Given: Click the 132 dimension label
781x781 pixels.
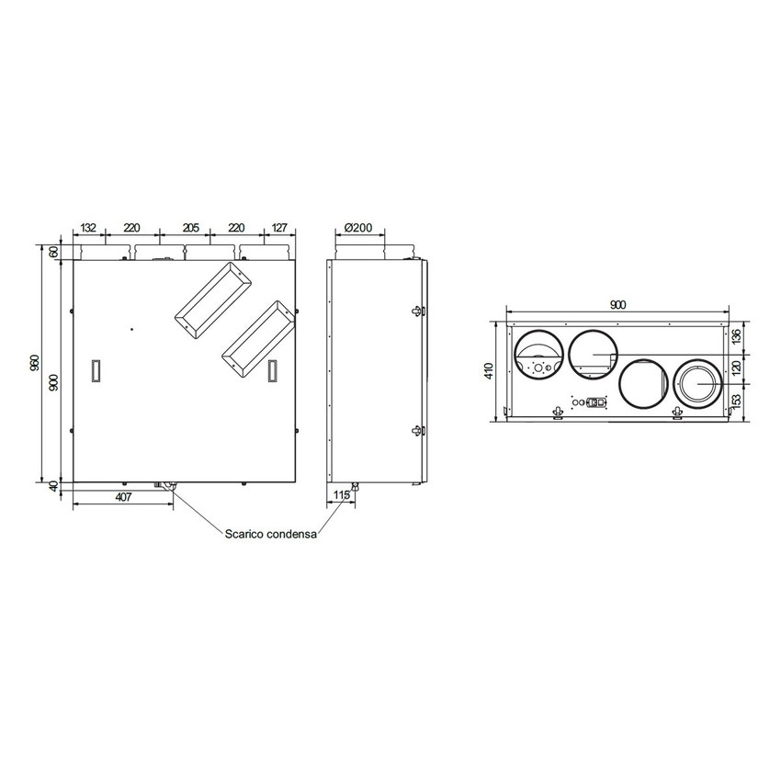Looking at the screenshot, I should click(x=89, y=228).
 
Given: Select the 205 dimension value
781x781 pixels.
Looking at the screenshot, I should click(x=190, y=228).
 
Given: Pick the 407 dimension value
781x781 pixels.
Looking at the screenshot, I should click(x=122, y=496).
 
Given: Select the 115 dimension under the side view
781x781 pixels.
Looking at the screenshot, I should click(x=341, y=496).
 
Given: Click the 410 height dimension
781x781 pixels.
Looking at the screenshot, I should click(x=490, y=371).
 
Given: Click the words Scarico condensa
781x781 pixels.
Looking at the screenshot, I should click(x=271, y=533).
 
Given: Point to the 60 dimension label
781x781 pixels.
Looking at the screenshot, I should click(x=54, y=251).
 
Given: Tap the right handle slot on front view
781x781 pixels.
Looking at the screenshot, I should click(x=272, y=369).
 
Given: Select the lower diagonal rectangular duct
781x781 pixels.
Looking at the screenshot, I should click(x=260, y=337).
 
